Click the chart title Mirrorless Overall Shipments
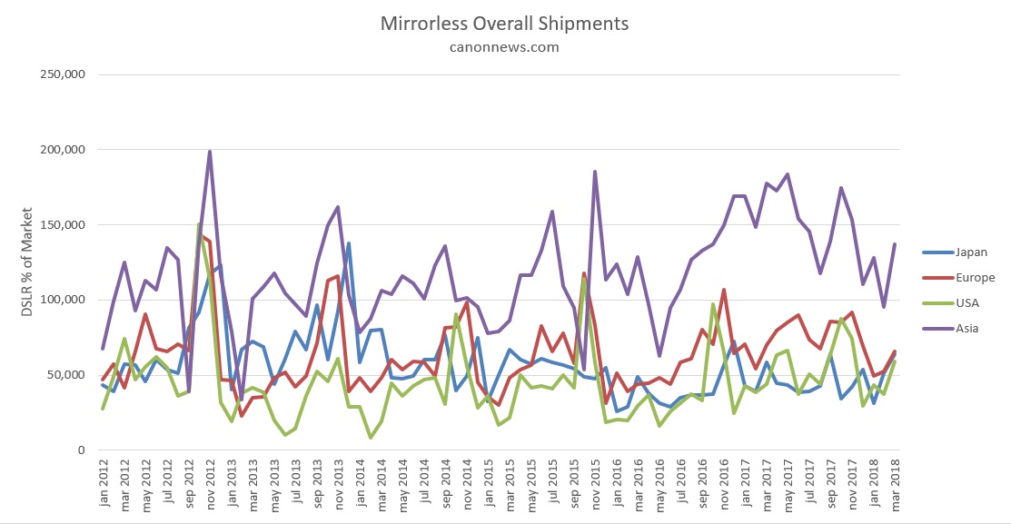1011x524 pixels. tap(504, 22)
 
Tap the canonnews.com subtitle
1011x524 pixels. tap(504, 46)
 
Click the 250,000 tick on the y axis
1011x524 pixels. tap(61, 74)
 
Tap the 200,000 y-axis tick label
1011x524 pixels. tap(61, 150)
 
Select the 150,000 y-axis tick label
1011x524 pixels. tap(61, 225)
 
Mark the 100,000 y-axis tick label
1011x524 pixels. tap(61, 300)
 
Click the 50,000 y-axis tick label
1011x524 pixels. tap(64, 375)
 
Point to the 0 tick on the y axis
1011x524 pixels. tap(80, 450)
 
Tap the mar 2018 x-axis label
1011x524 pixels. tap(895, 486)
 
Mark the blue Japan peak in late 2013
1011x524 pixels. tap(349, 243)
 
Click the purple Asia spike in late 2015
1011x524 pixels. tap(595, 171)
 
